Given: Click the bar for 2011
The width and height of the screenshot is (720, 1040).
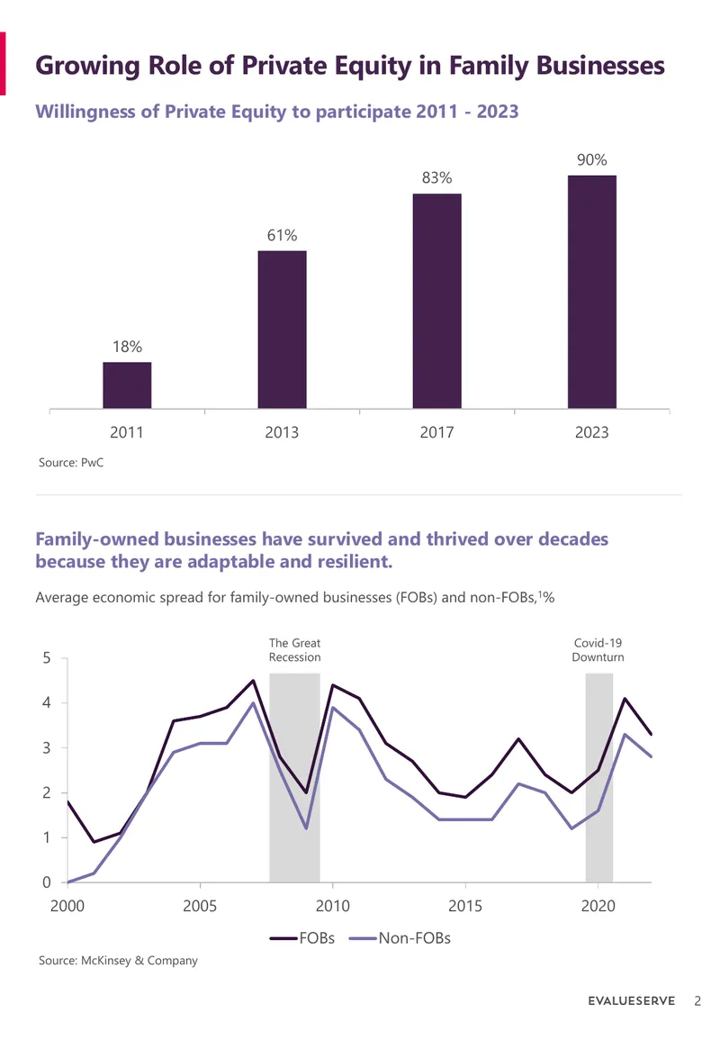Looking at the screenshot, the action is point(127,384).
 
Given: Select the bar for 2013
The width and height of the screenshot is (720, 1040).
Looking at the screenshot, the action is point(282,329).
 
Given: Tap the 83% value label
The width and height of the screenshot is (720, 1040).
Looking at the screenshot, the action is point(436,177).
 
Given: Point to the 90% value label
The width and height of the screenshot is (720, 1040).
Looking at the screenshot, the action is point(592,160).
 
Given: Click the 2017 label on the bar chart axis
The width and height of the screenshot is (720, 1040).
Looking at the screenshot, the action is point(436,432).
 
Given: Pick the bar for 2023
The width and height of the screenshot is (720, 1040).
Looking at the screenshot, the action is point(592,292).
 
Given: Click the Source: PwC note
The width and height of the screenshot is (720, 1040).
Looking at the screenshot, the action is point(71,462).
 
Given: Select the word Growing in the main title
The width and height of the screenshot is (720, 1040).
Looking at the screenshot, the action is point(87,67).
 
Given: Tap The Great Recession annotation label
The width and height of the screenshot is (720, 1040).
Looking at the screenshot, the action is point(294,650).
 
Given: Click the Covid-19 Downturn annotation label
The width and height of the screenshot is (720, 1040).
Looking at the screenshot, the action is point(598,650).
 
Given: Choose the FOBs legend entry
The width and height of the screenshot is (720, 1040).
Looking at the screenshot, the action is point(302,938).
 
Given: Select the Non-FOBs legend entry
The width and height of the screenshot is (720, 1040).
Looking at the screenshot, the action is point(400,938).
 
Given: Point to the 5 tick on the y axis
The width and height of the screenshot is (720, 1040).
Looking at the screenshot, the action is point(47,658).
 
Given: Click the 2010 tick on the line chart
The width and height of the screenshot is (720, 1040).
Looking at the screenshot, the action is point(332,906).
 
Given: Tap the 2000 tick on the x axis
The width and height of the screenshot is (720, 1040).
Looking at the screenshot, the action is point(67,906).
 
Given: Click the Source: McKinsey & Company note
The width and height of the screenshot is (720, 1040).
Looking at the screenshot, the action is point(118,961).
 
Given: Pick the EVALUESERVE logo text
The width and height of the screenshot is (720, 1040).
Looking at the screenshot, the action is point(631,1001).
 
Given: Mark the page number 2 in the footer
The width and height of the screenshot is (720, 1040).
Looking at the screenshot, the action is point(697,1001).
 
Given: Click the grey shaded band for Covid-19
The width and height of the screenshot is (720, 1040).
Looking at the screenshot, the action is point(598,777).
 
